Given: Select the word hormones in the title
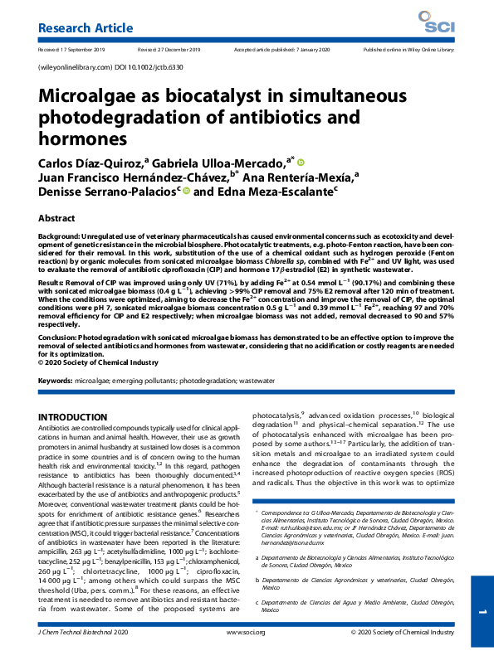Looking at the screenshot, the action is pos(82,137).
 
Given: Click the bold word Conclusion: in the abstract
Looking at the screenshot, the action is pos(62,339).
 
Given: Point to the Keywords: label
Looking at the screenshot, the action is pos(56,381).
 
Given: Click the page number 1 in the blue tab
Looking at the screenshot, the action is pos(482,611).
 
